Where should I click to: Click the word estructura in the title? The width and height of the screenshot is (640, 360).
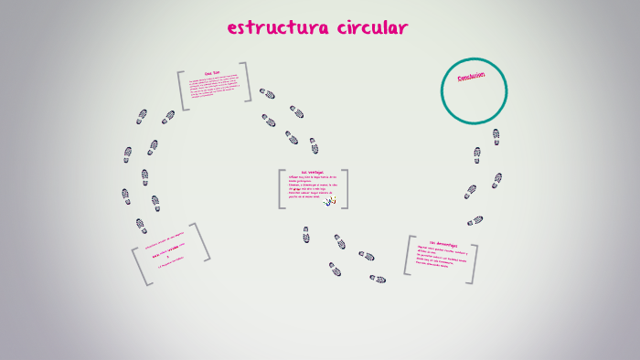(271, 28)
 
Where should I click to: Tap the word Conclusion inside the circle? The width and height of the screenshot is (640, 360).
(471, 79)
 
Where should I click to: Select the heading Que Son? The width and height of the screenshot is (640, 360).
(212, 73)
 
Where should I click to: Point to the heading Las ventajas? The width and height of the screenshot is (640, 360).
(311, 173)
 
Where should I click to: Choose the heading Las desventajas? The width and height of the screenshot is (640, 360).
(443, 244)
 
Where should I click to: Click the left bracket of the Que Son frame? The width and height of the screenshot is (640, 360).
(182, 91)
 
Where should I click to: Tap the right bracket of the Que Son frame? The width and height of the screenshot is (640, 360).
(247, 80)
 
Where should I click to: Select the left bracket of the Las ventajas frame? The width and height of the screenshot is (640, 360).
(282, 189)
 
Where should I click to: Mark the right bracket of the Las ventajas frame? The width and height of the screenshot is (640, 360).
(345, 189)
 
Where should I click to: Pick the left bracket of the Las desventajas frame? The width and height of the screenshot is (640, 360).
(408, 255)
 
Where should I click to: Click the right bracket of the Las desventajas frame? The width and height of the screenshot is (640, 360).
(474, 263)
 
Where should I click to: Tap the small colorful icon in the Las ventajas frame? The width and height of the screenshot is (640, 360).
(330, 200)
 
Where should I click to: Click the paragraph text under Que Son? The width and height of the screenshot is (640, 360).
(215, 87)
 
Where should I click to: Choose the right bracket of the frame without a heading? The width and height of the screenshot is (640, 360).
(202, 242)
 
